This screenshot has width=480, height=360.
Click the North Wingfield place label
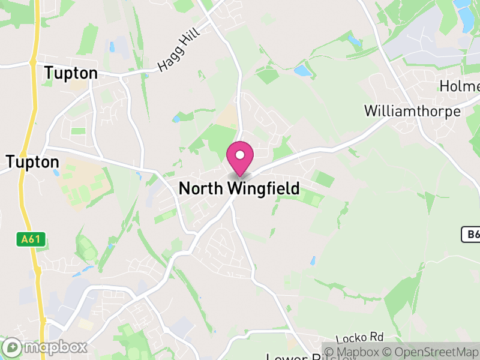click(239, 188)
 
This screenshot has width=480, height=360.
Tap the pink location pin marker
click(239, 158)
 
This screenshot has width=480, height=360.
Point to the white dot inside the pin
click(239, 155)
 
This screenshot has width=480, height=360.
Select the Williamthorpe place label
click(412, 112)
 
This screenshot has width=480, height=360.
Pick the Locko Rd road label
click(359, 338)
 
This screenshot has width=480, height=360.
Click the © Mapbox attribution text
click(355, 352)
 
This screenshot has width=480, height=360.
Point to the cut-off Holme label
click(460, 86)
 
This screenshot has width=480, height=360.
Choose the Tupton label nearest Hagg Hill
click(71, 73)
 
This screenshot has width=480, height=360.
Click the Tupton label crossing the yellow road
click(33, 162)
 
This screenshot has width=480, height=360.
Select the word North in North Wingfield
click(201, 188)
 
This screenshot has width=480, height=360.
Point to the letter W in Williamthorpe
click(371, 112)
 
